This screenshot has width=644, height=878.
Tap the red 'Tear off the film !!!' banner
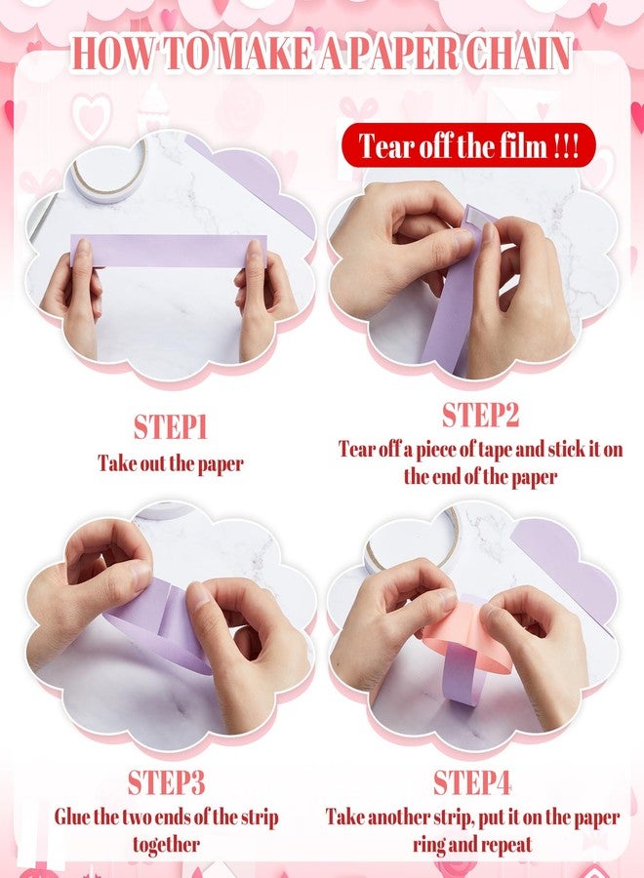(x=468, y=145)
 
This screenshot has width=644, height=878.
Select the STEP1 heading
(x=170, y=428)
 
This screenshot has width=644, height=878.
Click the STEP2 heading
(x=480, y=415)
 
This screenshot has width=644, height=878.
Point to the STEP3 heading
(x=166, y=782)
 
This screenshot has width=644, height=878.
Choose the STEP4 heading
(x=472, y=782)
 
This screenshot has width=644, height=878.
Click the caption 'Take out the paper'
(x=171, y=463)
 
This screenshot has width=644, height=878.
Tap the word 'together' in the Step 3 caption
(x=166, y=845)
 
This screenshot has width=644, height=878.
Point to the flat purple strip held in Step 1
(x=169, y=251)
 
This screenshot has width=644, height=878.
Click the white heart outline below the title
(x=93, y=117)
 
